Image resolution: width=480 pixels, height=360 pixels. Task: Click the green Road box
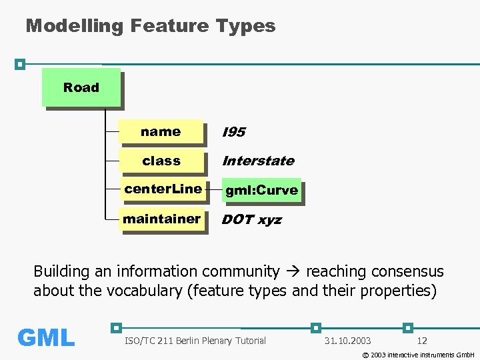[81, 87]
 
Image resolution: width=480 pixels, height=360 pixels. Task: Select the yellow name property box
[161, 131]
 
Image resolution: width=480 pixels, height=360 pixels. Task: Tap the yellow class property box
[161, 161]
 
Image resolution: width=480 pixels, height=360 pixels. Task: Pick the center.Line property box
[163, 189]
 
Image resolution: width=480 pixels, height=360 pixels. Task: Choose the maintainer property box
[161, 219]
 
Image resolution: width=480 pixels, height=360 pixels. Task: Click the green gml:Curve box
[261, 190]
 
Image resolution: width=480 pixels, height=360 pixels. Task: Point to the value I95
[233, 132]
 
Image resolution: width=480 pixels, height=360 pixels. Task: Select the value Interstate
[257, 161]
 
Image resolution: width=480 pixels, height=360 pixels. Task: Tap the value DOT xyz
[251, 219]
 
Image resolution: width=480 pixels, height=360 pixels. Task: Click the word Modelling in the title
[74, 26]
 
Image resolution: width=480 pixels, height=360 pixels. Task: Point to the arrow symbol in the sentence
[292, 271]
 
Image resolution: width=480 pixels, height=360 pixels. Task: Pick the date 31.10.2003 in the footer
[347, 341]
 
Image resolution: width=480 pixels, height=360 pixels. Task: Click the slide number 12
[421, 341]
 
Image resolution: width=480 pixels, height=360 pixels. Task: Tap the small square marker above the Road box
[20, 64]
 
